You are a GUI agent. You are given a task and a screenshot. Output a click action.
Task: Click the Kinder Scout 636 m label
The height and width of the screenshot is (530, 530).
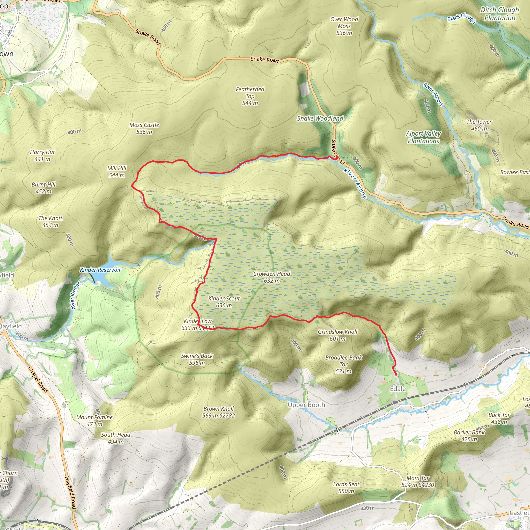click(x=224, y=302)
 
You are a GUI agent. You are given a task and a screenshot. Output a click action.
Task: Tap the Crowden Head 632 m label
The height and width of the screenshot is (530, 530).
click(x=271, y=277)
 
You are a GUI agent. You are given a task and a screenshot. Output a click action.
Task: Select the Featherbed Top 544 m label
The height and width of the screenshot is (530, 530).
click(x=250, y=96)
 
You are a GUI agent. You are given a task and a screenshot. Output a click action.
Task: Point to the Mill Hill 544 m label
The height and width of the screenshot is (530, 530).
click(x=117, y=172)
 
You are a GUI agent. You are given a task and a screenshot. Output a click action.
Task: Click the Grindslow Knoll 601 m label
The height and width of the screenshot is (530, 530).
click(x=337, y=335)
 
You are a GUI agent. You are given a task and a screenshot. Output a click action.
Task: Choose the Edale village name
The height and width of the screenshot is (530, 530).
click(x=397, y=389)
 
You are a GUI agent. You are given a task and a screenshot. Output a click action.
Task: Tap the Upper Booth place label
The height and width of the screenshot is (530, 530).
click(x=306, y=405)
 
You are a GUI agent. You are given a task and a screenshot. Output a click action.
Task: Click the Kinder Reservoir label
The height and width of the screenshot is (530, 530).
click(x=100, y=270)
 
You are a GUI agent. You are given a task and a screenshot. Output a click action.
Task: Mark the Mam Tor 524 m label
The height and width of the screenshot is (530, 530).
click(x=417, y=481)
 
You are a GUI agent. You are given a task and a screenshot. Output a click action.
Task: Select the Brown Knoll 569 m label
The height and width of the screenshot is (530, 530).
click(x=219, y=412)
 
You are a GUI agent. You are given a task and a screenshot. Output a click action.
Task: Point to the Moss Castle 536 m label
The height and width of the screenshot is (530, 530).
click(x=144, y=128)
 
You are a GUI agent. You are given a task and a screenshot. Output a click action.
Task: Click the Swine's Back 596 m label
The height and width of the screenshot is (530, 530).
click(x=197, y=359)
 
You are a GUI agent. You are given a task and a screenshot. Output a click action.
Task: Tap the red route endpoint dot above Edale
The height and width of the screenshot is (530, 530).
click(x=396, y=374)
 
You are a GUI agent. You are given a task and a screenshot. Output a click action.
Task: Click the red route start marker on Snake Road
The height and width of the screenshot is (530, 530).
click(x=336, y=158)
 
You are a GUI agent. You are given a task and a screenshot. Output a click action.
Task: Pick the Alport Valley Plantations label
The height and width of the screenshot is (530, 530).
click(x=423, y=137)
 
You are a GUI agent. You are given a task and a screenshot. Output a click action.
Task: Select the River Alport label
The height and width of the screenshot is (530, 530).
click(x=433, y=94)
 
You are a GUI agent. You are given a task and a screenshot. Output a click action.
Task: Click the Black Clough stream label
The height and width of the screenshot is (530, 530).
click(x=461, y=18)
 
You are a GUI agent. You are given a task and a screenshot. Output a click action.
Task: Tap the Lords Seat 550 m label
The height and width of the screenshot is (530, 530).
click(x=346, y=488)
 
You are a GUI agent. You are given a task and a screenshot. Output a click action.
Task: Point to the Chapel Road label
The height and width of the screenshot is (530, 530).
click(x=38, y=380)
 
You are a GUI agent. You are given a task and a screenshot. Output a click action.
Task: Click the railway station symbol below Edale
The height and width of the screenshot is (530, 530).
click(x=395, y=402)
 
